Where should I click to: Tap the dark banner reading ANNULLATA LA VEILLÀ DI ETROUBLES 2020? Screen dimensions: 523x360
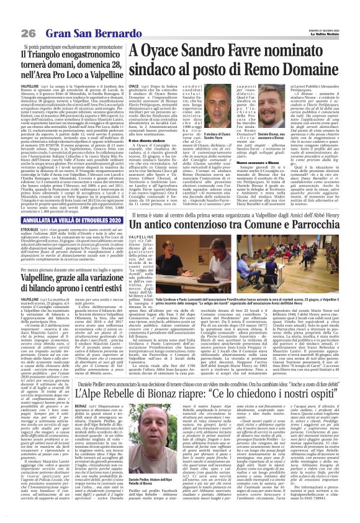[x=65, y=219]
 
